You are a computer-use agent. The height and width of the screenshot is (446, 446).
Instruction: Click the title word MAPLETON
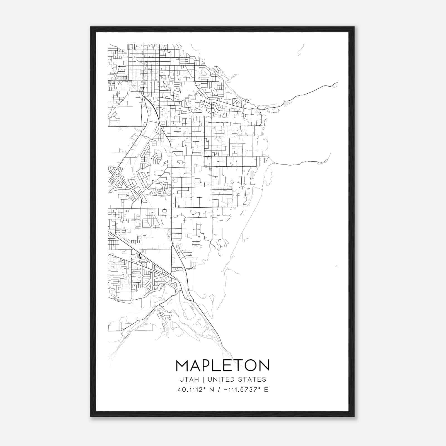223,365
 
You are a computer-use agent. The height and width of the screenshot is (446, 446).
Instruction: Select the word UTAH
189,379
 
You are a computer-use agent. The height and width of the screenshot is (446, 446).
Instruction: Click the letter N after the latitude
212,390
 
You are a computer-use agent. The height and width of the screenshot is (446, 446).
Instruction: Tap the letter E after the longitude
266,390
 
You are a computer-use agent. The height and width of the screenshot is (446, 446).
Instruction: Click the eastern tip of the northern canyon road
337,83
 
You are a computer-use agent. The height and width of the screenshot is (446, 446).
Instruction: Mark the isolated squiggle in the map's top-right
300,50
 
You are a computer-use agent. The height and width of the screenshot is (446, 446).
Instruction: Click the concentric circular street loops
159,190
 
